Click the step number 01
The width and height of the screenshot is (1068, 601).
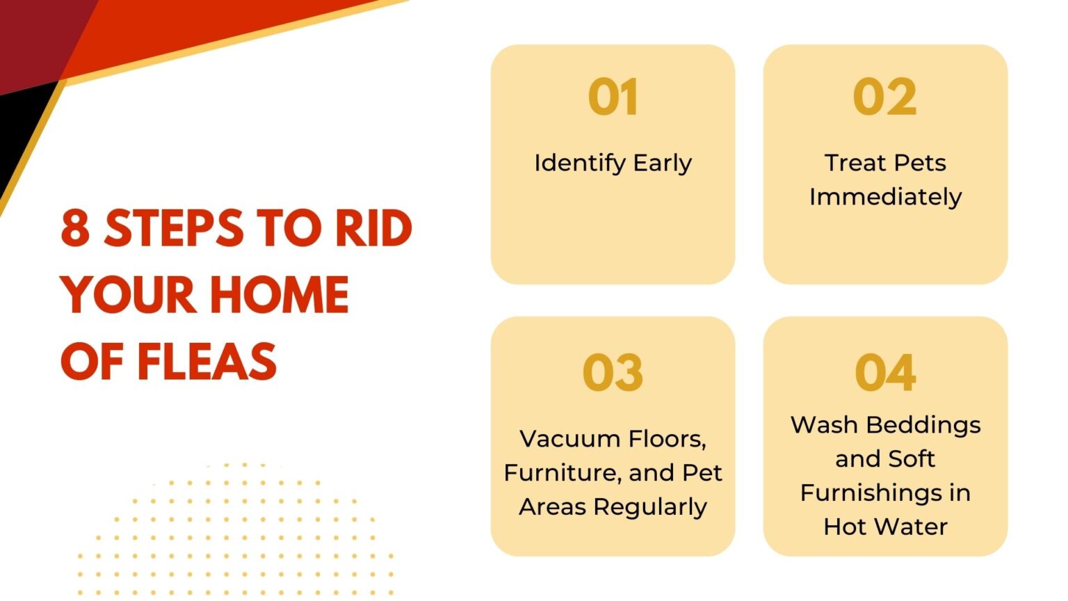(x=613, y=97)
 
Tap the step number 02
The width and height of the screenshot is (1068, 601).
(x=884, y=97)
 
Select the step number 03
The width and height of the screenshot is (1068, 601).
(x=613, y=372)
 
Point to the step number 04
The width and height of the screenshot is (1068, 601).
(x=884, y=372)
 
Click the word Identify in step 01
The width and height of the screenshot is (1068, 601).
(x=580, y=163)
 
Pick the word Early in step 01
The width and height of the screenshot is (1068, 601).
(x=663, y=163)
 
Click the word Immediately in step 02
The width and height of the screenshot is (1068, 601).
(x=885, y=198)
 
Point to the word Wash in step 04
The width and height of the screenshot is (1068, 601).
(x=823, y=425)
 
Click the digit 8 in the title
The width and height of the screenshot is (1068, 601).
(x=75, y=228)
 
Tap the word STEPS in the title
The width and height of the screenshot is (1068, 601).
(x=174, y=228)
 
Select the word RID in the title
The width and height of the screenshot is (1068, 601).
(x=373, y=228)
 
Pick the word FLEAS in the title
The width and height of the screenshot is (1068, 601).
(x=207, y=362)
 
